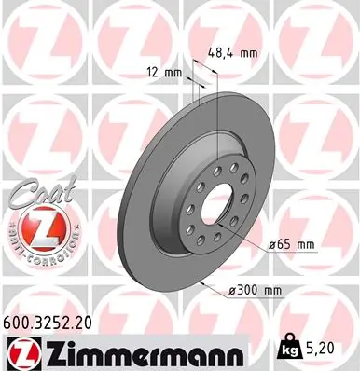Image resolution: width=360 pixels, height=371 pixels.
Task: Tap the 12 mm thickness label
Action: [x=164, y=72]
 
